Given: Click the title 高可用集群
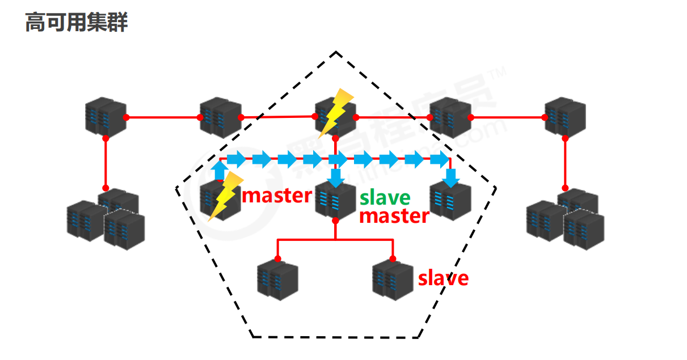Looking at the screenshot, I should click(x=77, y=23).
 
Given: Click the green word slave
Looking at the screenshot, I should click(x=385, y=197).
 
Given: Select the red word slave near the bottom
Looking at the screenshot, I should click(x=443, y=278).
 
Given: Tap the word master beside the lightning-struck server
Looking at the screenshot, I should click(x=277, y=196).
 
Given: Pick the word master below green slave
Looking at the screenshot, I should click(x=394, y=215).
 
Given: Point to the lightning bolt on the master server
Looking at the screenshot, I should click(x=226, y=196).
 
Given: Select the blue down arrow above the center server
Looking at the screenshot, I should click(x=336, y=177).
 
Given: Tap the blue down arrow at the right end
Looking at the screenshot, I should click(x=450, y=177).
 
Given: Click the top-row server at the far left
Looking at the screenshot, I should click(x=106, y=116).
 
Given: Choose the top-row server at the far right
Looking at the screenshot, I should click(x=565, y=116).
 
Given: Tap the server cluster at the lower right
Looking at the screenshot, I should click(x=565, y=218).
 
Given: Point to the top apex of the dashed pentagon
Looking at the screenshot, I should click(x=336, y=52).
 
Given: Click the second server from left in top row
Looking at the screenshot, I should click(x=220, y=117).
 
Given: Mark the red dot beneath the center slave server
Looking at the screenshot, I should click(x=335, y=219).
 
